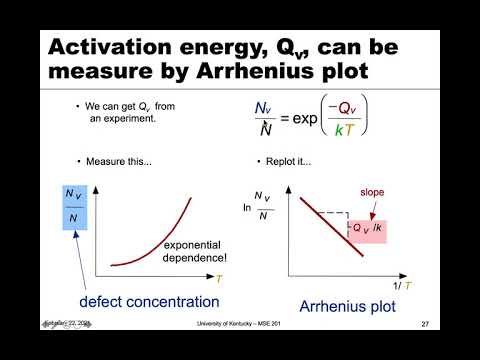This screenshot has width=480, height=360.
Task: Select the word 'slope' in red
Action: coord(373,193)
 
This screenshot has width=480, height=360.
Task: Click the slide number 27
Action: coord(425,324)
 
